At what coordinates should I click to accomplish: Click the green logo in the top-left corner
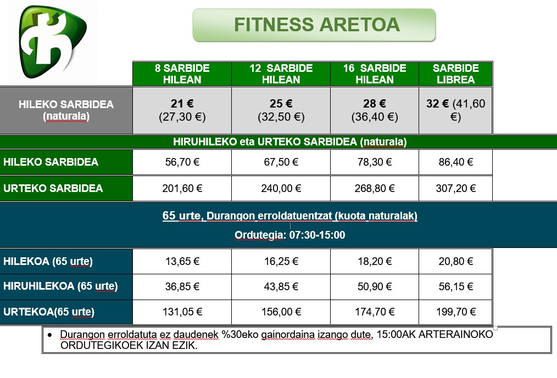tap(53, 42)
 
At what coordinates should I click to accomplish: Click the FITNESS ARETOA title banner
tap(314, 25)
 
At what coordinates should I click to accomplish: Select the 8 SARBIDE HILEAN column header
tap(182, 74)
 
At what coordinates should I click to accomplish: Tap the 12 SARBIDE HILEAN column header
tap(281, 74)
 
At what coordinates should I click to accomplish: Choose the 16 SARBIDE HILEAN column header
tap(375, 74)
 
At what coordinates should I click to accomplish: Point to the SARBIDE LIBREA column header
tap(456, 74)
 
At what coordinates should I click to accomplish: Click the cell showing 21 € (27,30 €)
tap(182, 110)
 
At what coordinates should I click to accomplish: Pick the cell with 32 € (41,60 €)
tap(456, 110)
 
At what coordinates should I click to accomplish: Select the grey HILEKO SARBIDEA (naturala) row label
tap(66, 110)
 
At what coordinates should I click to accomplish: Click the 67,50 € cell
tap(281, 162)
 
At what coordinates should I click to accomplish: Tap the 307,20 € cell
tap(456, 188)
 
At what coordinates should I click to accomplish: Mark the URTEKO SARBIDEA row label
tap(66, 188)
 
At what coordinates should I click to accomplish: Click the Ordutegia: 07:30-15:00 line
tap(290, 235)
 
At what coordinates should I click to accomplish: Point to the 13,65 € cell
tap(182, 262)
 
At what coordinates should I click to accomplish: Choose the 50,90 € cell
tap(375, 286)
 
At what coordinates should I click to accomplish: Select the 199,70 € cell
tap(456, 312)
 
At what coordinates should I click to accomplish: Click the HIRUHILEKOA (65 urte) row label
tap(66, 286)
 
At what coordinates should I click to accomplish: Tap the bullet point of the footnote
tap(49, 335)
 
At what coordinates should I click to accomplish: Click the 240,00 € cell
tap(281, 188)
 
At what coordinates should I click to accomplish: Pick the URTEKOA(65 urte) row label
tap(66, 312)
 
